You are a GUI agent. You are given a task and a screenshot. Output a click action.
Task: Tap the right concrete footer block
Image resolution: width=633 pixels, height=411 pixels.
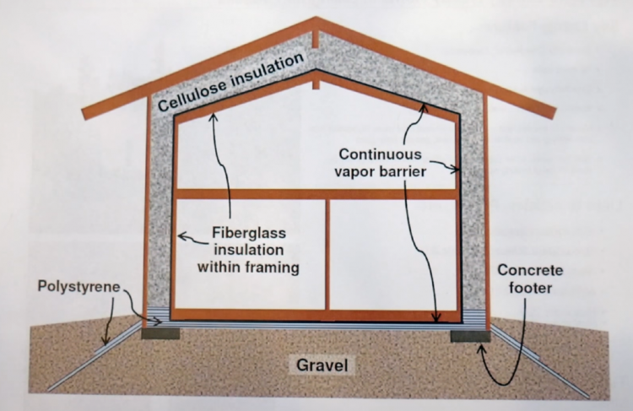469,335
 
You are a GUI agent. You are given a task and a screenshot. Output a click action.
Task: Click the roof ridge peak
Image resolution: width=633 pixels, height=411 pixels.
316,20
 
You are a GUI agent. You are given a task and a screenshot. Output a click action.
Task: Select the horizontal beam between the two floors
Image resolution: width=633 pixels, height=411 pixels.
316,194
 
